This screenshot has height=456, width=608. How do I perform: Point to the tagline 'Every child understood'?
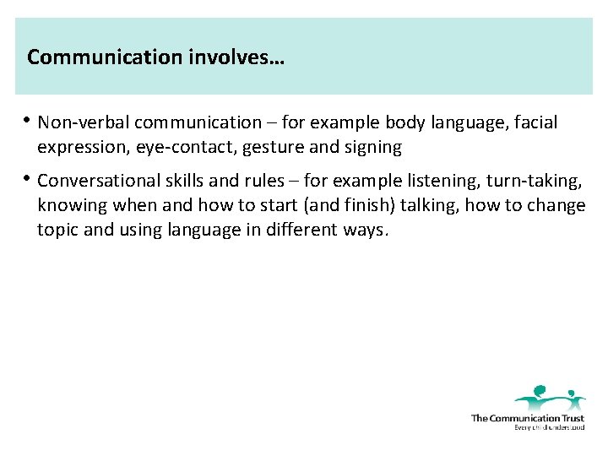point(549,427)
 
